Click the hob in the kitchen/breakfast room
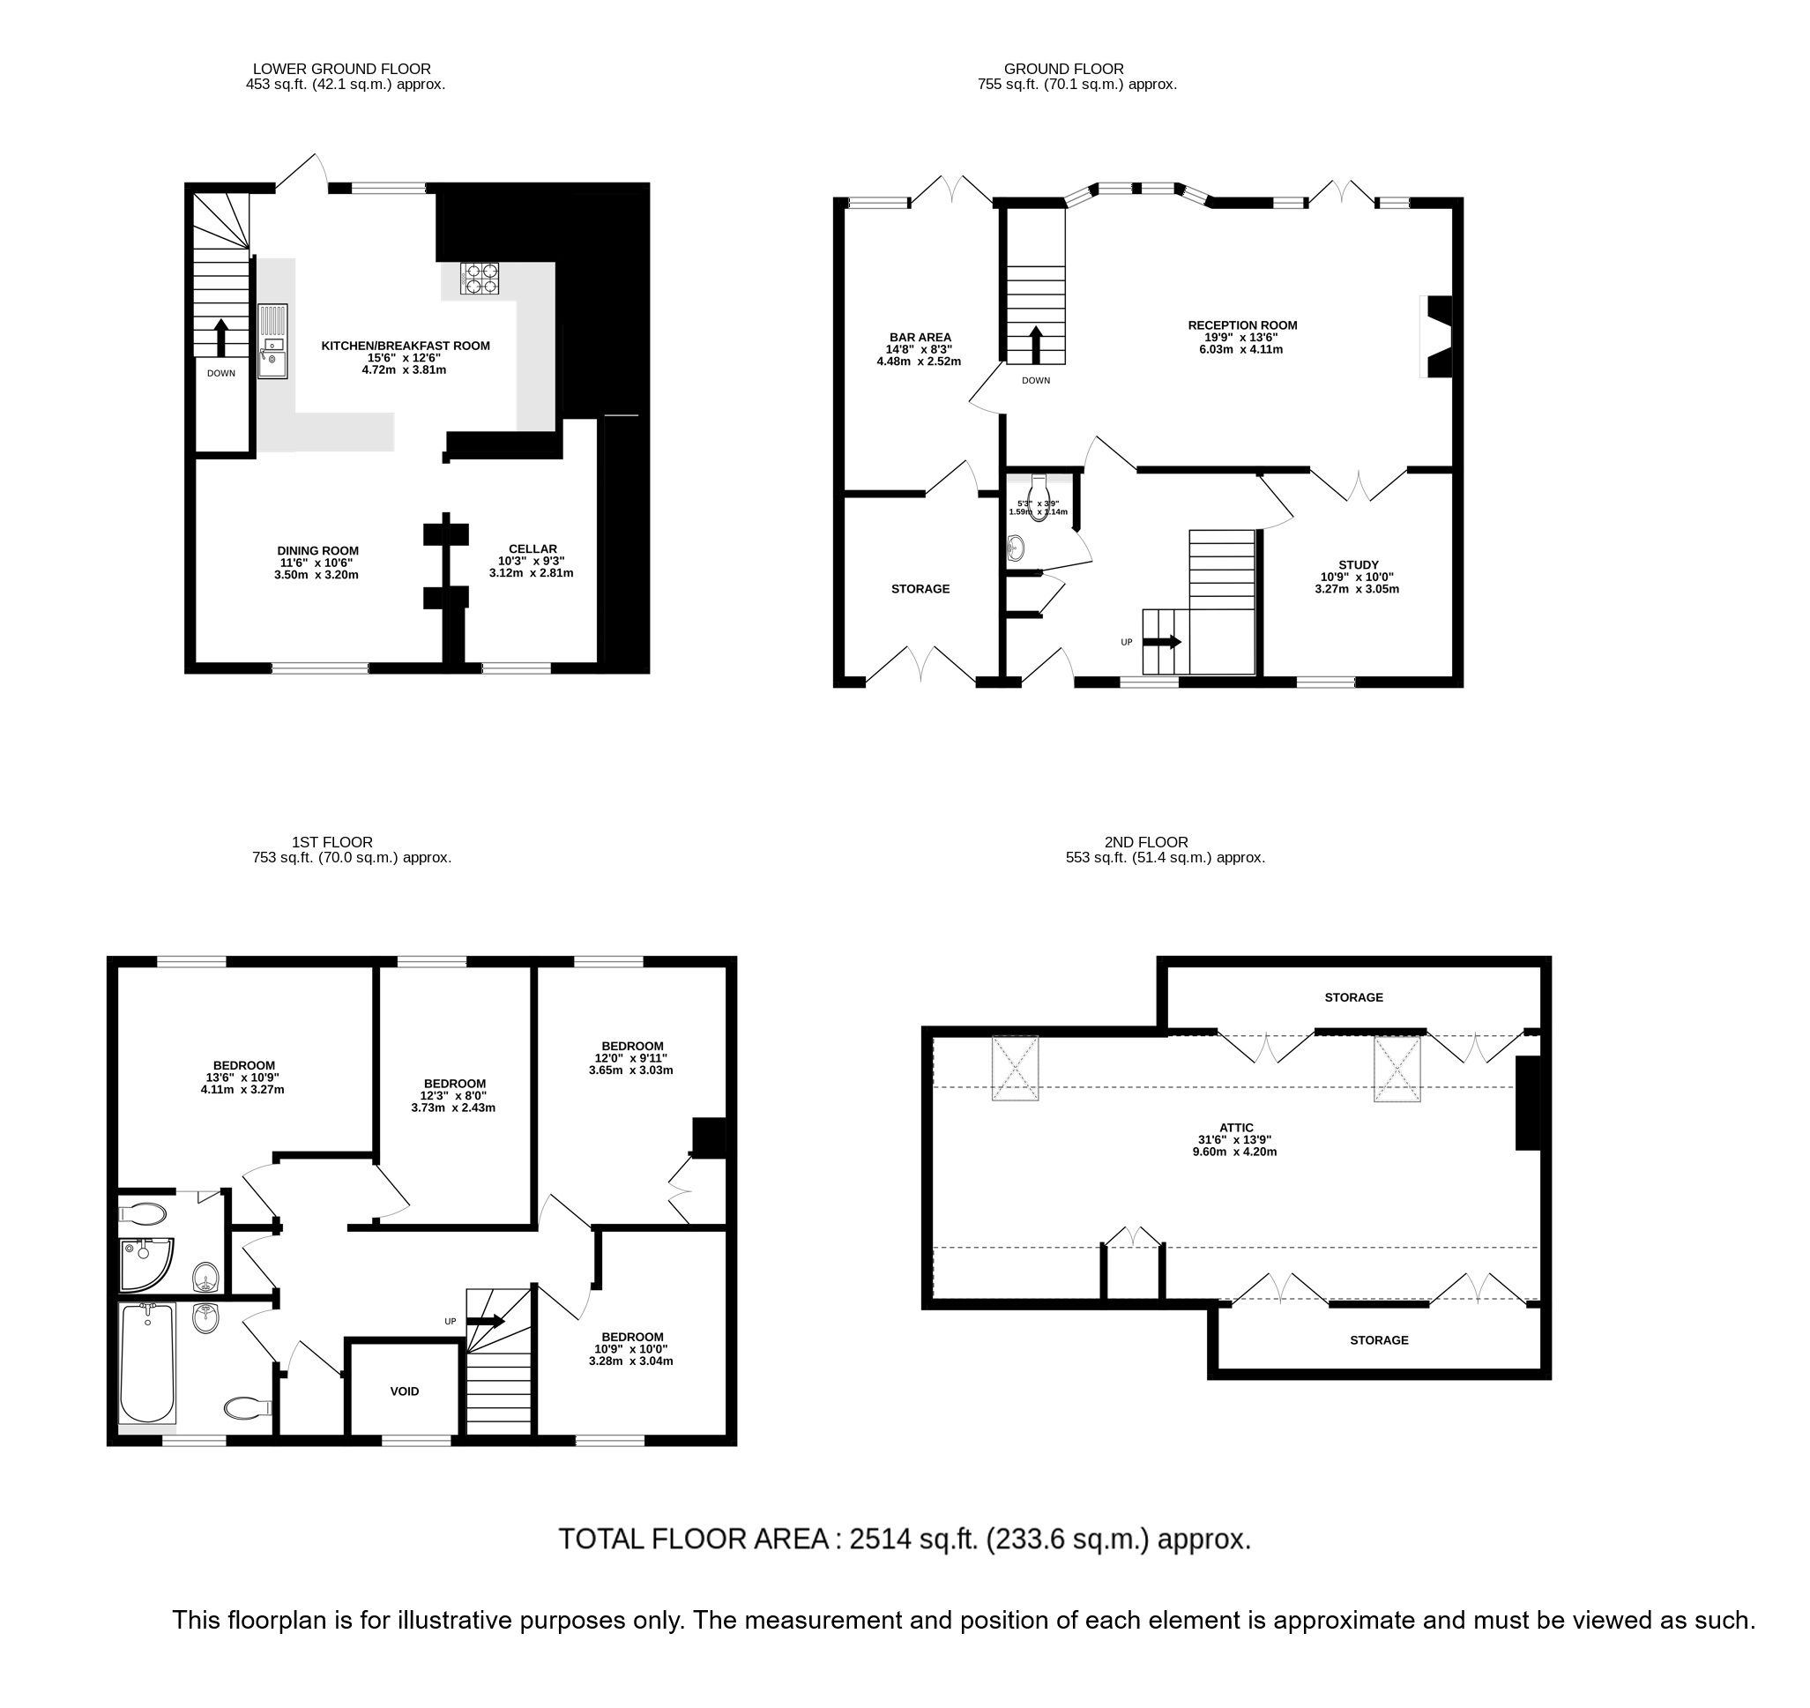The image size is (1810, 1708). pos(480,279)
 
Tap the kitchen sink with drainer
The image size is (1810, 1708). pos(272,341)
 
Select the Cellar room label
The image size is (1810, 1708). pos(532,561)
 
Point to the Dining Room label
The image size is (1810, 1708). pos(317,563)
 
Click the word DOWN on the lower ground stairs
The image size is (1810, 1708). pos(221,373)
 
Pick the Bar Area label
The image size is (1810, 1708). pos(920,348)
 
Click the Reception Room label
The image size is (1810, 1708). pos(1242,337)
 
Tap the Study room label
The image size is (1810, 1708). pos(1358,577)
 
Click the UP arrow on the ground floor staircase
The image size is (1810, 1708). pos(1161,642)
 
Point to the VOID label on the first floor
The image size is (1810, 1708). pos(405,1391)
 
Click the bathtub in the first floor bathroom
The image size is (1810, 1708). pos(147,1363)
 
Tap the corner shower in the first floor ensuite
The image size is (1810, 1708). pos(145,1264)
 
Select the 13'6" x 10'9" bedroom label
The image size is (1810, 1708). pos(243,1077)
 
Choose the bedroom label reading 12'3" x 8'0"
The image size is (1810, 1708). pos(453,1095)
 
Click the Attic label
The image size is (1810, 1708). pos(1235,1139)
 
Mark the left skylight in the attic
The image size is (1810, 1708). pos(1014,1068)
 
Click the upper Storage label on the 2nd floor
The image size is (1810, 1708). pos(1353,998)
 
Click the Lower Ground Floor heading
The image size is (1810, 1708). pos(341,69)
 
